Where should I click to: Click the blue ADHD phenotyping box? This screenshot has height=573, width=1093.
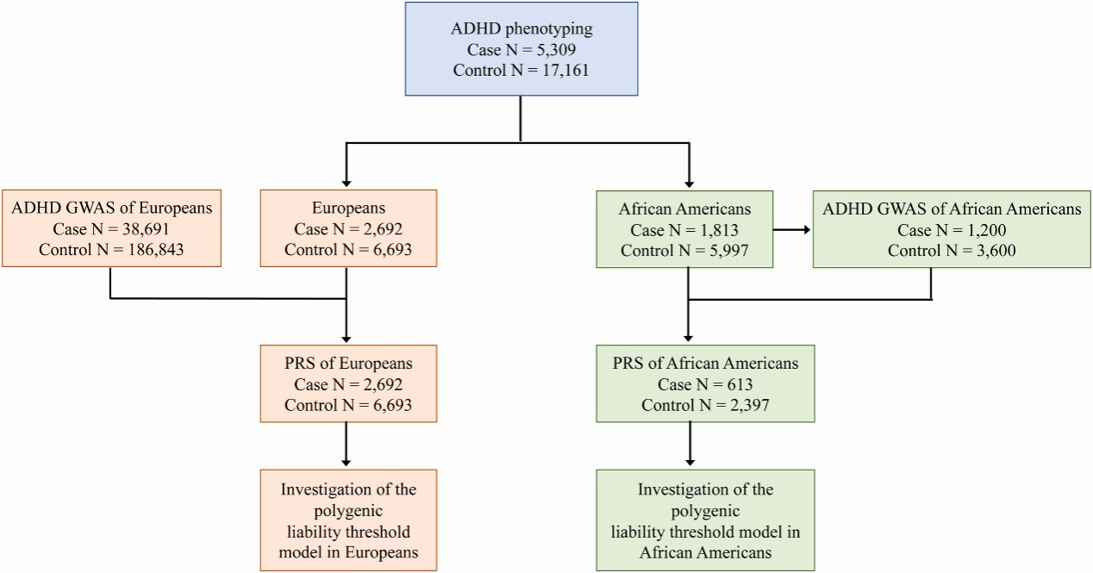[x=521, y=48]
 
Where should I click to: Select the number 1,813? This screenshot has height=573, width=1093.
[x=716, y=230]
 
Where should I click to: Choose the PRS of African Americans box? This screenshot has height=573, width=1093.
[x=705, y=383]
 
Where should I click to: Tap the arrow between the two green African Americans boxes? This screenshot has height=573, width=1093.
[x=791, y=230]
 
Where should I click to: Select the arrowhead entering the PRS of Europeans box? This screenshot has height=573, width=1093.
[x=347, y=338]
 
